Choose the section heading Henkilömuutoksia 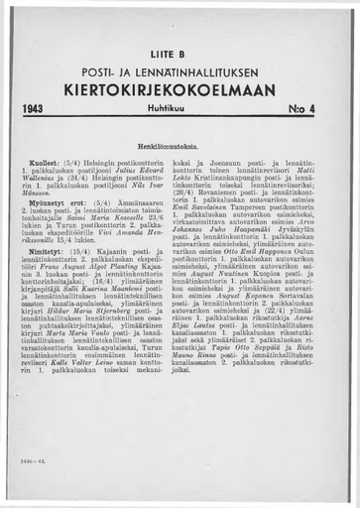[x=179, y=143]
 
